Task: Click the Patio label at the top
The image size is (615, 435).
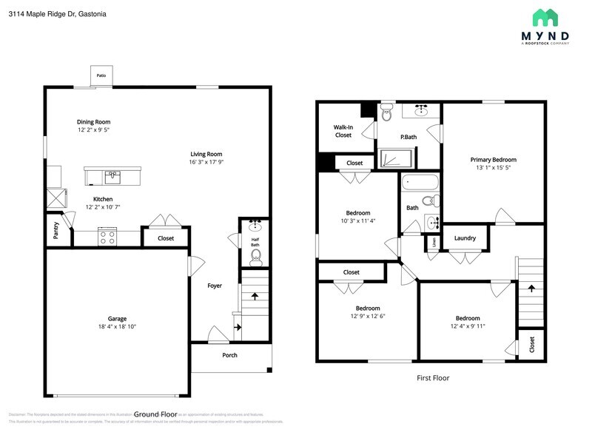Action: [101, 75]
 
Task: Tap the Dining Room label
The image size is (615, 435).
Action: [93, 122]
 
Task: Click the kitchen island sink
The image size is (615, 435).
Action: [112, 176]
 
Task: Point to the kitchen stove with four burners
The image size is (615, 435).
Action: [107, 237]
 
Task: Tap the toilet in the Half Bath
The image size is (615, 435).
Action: [256, 257]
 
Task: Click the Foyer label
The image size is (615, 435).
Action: [215, 286]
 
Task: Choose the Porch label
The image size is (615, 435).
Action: [230, 355]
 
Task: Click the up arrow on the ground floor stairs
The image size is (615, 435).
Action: [255, 296]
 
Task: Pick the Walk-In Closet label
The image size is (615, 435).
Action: [343, 131]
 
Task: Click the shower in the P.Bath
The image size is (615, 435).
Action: [396, 158]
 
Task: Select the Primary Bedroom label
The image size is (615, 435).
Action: [493, 160]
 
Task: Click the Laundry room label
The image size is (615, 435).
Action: [465, 238]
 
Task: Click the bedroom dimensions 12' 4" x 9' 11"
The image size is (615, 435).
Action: [467, 326]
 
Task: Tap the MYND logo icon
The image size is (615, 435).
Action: [546, 18]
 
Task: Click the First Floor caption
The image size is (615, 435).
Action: [432, 378]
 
